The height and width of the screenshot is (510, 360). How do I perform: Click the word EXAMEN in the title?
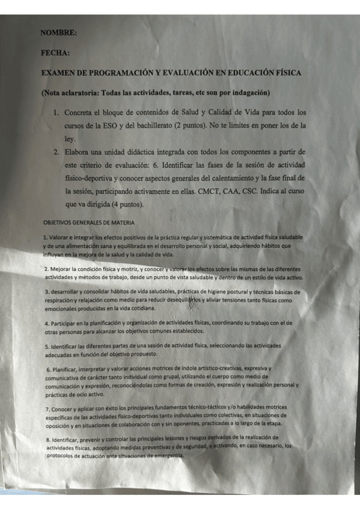click(x=60, y=73)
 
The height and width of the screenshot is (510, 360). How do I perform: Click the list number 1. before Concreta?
click(x=55, y=112)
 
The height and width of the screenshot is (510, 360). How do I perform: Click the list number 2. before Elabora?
click(x=55, y=152)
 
